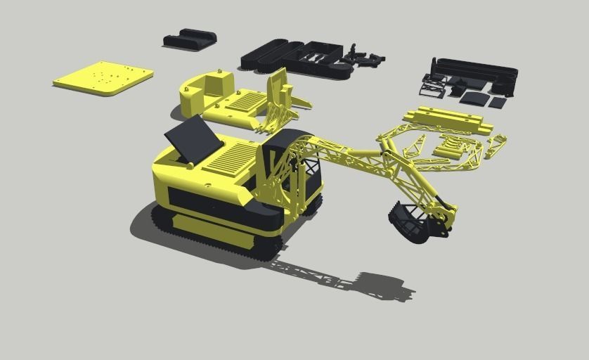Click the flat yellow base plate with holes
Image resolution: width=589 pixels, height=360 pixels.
[x=103, y=77]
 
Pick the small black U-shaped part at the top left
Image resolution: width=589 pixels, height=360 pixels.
[x=190, y=39]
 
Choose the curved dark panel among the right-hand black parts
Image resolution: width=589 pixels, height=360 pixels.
[x=474, y=98]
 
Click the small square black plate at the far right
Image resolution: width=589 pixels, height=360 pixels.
[x=498, y=103]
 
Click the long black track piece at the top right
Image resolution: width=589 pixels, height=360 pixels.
[x=478, y=70]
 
